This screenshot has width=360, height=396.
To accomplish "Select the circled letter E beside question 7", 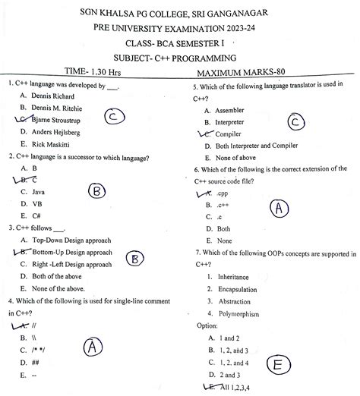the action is (x=279, y=366).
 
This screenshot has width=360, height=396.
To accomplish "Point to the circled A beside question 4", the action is (x=93, y=347).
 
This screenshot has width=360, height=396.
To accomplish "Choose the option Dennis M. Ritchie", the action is (x=61, y=108).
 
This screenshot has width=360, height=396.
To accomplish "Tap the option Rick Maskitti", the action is (x=51, y=144).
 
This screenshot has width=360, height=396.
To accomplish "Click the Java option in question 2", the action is (x=38, y=192).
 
